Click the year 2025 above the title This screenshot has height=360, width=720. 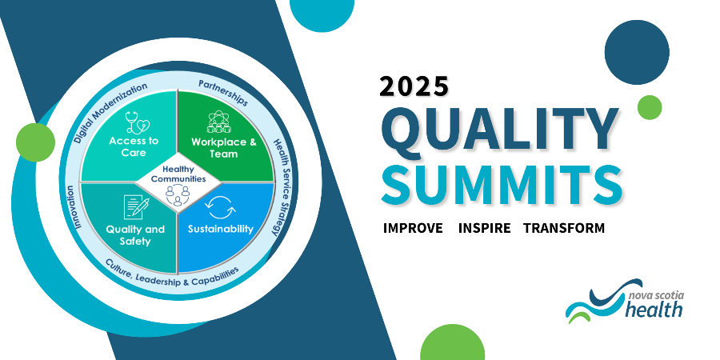414,86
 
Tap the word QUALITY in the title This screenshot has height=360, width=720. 499,128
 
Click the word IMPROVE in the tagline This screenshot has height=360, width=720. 413,228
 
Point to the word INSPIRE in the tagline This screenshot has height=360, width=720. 484,228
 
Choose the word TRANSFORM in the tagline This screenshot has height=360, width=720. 564,228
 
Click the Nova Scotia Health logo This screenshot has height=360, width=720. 625,301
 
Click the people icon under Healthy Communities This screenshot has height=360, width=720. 178,194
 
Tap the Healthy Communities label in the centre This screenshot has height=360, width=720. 178,174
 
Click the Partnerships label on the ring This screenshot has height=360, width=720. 223,92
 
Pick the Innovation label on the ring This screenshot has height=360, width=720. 74,207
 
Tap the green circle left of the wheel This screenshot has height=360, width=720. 35,142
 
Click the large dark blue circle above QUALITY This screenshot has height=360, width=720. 637,52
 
